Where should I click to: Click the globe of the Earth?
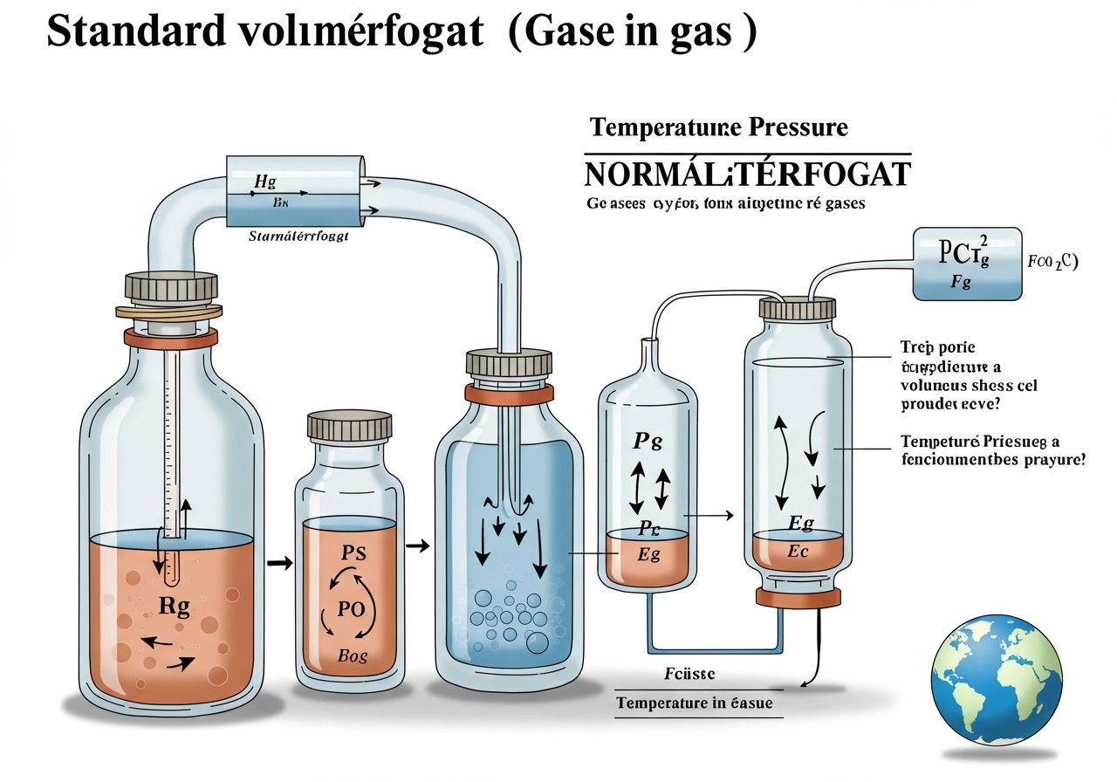[x=997, y=679]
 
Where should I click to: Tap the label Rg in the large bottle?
[x=175, y=607]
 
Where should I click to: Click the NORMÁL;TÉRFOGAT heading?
[x=746, y=174]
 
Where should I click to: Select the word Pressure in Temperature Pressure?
[x=797, y=127]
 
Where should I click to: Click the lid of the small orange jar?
[x=349, y=426]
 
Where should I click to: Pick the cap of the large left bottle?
[x=171, y=286]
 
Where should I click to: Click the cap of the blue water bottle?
[x=509, y=363]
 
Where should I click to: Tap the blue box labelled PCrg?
[x=966, y=264]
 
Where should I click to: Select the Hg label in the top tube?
[x=264, y=182]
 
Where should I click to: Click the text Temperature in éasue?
[x=694, y=703]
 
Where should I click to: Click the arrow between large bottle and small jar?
[x=278, y=563]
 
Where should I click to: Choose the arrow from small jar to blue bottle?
[x=419, y=546]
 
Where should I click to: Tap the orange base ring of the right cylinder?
[x=798, y=597]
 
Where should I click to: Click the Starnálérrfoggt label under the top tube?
[x=298, y=236]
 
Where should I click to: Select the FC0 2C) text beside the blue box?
[x=1053, y=261]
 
